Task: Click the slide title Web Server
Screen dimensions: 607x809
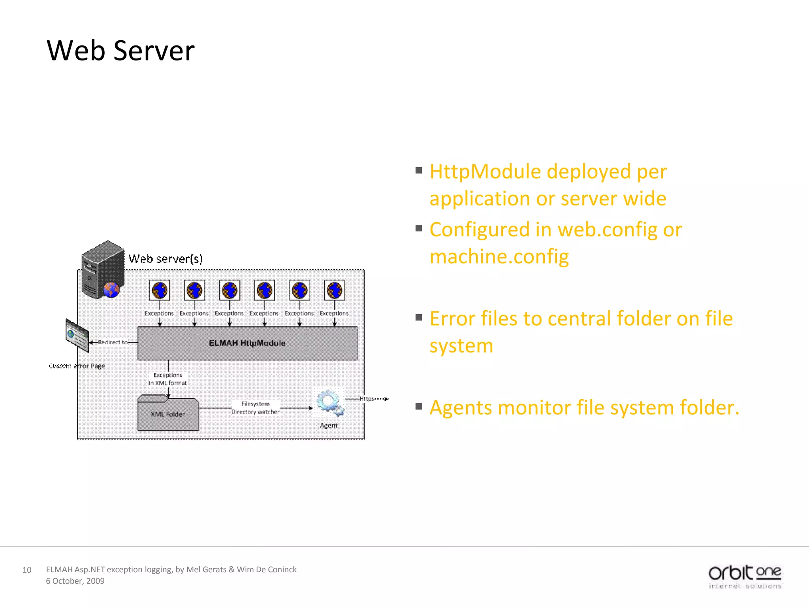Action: click(120, 51)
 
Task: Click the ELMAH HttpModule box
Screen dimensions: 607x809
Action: click(247, 343)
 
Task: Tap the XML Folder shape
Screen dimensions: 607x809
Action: click(168, 414)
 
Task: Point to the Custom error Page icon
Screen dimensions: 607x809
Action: click(77, 336)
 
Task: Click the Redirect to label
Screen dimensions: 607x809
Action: click(113, 342)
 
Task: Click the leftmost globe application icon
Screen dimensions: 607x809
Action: click(160, 290)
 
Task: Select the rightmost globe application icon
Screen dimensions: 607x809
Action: click(334, 290)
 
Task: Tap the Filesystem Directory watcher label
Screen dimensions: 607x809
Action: click(255, 408)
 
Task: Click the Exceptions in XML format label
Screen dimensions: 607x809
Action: click(168, 379)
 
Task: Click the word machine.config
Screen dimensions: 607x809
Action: click(499, 256)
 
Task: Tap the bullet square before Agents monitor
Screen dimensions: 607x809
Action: click(419, 406)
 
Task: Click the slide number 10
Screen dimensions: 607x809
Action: click(26, 570)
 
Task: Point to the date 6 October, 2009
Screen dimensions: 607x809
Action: click(75, 581)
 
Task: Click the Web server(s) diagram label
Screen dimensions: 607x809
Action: click(166, 259)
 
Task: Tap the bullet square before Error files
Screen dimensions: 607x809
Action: click(419, 317)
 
